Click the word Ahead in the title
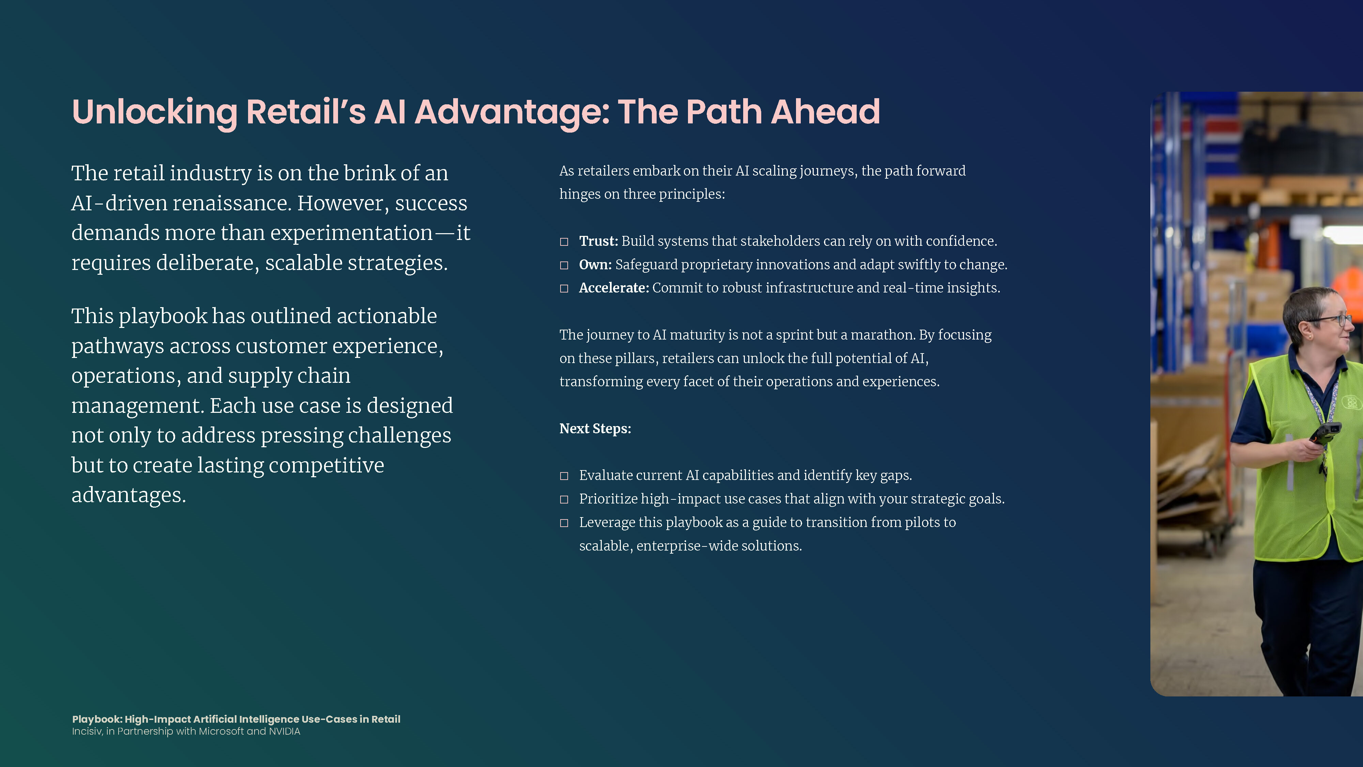825,112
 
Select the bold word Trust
598,241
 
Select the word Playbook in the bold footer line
97,719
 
